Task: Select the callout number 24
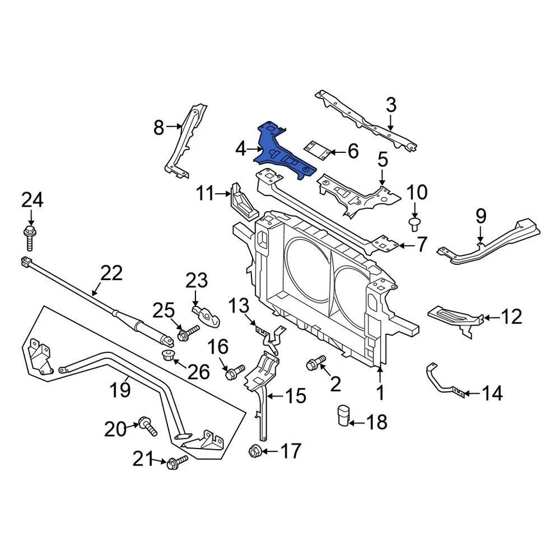tap(32, 201)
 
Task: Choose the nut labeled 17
tap(254, 451)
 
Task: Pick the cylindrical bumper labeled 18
tap(343, 416)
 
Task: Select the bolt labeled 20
tap(146, 426)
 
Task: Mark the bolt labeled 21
tap(176, 463)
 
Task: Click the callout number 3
tap(390, 105)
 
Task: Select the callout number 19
tap(121, 389)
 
